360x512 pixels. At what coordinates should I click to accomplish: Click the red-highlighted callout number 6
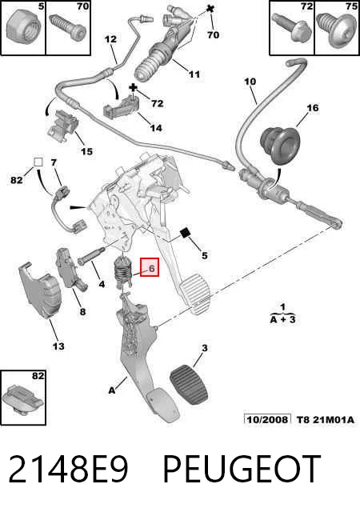pyautogui.click(x=151, y=269)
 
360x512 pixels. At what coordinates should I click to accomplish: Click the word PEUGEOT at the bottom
pyautogui.click(x=242, y=469)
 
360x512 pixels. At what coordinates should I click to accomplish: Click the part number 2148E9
pyautogui.click(x=68, y=469)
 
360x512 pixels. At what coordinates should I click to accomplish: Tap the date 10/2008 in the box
pyautogui.click(x=268, y=419)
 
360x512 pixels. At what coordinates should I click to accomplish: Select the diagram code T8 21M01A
pyautogui.click(x=326, y=419)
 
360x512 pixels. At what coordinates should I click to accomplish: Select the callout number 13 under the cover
pyautogui.click(x=58, y=346)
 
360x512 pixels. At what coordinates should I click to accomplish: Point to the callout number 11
pyautogui.click(x=194, y=74)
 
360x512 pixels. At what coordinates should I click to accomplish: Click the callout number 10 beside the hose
pyautogui.click(x=250, y=82)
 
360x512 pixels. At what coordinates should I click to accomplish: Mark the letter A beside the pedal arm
pyautogui.click(x=112, y=390)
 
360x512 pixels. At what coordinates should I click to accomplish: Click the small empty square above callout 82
pyautogui.click(x=38, y=162)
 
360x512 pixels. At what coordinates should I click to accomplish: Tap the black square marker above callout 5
pyautogui.click(x=185, y=233)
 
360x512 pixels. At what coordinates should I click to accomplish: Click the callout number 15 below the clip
pyautogui.click(x=86, y=151)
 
